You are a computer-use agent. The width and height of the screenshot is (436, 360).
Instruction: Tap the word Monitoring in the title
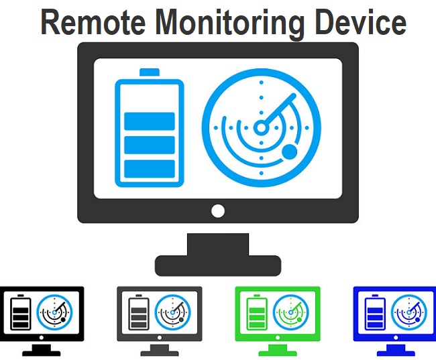[231, 22]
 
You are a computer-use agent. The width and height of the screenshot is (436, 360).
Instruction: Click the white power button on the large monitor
[217, 211]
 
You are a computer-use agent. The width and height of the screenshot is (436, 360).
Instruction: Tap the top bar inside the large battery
[150, 121]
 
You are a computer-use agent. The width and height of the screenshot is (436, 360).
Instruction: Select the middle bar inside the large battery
[150, 144]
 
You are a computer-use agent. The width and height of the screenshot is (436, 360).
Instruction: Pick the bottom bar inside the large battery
[150, 168]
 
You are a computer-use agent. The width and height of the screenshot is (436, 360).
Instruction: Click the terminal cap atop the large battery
[150, 72]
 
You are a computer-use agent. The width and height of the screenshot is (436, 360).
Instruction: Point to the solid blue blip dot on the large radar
[289, 153]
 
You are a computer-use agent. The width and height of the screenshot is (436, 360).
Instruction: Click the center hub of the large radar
[261, 127]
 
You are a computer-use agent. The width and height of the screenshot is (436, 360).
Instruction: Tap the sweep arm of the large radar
[279, 111]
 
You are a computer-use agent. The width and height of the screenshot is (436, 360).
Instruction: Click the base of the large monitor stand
[217, 265]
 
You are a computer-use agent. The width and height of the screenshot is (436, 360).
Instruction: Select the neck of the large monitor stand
[217, 243]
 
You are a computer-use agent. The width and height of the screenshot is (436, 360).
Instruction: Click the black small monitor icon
[42, 316]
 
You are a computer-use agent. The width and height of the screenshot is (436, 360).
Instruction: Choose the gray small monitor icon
[160, 316]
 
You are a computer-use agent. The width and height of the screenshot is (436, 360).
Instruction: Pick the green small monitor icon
[278, 316]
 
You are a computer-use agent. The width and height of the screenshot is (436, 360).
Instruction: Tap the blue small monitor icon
[395, 316]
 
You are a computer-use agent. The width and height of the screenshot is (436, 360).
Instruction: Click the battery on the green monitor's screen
[256, 312]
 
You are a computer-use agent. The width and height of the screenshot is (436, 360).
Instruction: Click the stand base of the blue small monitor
[395, 352]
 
